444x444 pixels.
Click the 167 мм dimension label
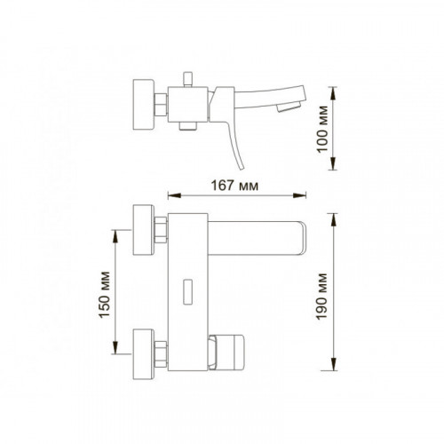pos(234,186)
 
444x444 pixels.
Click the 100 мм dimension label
pos(322,129)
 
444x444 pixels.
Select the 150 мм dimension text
pos(104,295)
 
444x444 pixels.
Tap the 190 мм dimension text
pos(321,297)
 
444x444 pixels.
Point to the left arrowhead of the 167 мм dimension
pos(174,195)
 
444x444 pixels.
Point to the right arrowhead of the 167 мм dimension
pos(299,195)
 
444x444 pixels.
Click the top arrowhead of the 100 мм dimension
pos(333,93)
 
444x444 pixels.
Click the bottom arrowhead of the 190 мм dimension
pos(334,364)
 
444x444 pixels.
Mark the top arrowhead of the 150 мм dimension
pos(115,236)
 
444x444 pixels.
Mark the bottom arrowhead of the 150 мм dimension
pos(115,347)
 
